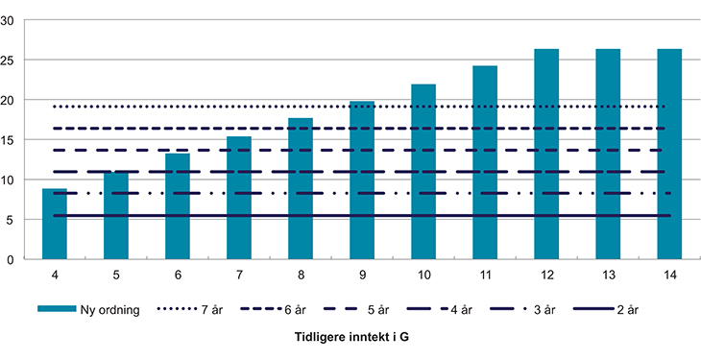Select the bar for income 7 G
coord(239,198)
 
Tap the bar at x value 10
coord(423,172)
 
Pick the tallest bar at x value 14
coord(669,154)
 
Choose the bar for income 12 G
coord(546,154)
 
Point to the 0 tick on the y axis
coord(11,259)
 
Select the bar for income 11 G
coord(485,162)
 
